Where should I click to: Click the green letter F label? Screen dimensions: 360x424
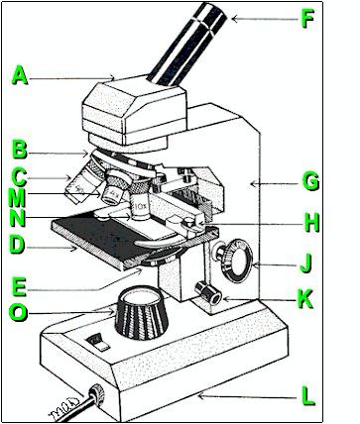tap(307, 20)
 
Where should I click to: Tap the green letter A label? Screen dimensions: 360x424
tap(20, 75)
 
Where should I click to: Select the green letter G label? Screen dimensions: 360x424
tap(310, 181)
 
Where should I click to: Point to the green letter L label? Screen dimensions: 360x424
tap(308, 396)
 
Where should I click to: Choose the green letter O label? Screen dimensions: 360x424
tap(18, 312)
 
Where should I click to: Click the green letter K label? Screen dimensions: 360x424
tap(305, 299)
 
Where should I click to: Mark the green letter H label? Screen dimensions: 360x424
tap(311, 223)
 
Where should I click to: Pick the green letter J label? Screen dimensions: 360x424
tap(305, 264)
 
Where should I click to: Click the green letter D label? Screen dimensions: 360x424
tap(17, 246)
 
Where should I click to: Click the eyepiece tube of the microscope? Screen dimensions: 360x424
tap(187, 45)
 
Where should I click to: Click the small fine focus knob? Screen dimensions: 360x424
tap(208, 292)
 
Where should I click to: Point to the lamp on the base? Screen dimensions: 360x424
tap(142, 312)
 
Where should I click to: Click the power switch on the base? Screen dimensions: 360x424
tap(98, 342)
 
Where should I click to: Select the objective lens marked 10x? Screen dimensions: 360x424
tap(140, 207)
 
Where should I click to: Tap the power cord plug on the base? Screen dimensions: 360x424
tap(97, 395)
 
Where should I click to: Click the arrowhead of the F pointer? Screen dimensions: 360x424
tap(234, 19)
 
